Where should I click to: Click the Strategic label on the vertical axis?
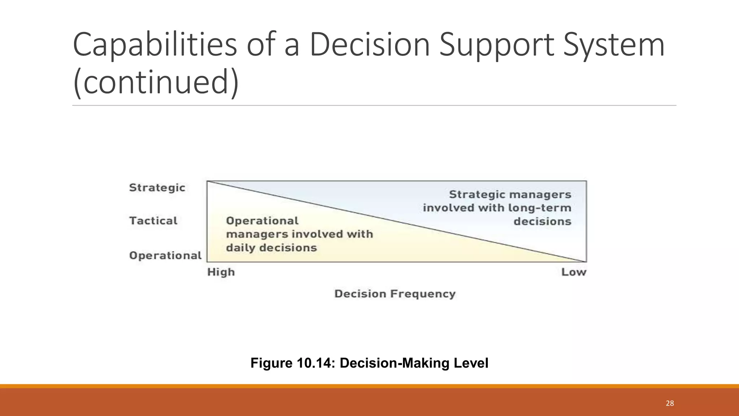pyautogui.click(x=157, y=188)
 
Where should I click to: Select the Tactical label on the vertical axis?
pyautogui.click(x=153, y=221)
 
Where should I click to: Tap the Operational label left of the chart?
pyautogui.click(x=165, y=255)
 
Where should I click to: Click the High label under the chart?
pyautogui.click(x=221, y=272)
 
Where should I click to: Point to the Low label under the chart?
pyautogui.click(x=574, y=272)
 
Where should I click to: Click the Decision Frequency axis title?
pyautogui.click(x=395, y=294)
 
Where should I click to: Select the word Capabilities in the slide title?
pyautogui.click(x=155, y=45)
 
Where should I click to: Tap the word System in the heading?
pyautogui.click(x=613, y=45)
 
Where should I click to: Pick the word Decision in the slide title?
pyautogui.click(x=369, y=45)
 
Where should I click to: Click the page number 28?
pyautogui.click(x=670, y=403)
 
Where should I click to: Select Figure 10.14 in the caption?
pyautogui.click(x=292, y=363)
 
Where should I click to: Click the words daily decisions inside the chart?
pyautogui.click(x=271, y=248)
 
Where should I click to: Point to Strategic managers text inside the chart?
pyautogui.click(x=510, y=195)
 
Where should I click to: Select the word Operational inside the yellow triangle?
pyautogui.click(x=262, y=221)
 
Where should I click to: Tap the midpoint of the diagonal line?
pyautogui.click(x=397, y=221)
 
